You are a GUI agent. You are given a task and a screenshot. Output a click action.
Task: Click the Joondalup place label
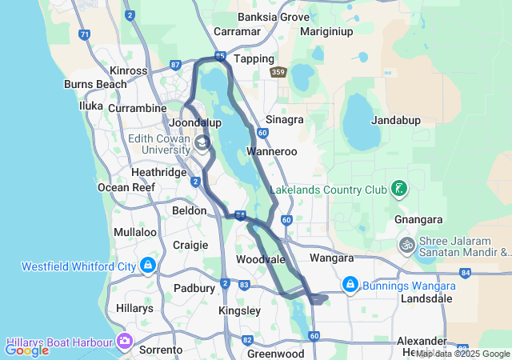tap(196, 123)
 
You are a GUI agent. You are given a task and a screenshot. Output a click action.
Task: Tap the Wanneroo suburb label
tap(272, 151)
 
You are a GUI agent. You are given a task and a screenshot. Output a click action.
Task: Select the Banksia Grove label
tap(274, 17)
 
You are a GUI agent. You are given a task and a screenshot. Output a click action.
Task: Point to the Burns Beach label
tap(95, 84)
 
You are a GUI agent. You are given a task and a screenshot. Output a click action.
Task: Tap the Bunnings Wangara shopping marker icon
tap(350, 284)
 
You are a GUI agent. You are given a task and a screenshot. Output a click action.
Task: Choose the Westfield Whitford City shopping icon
tap(148, 265)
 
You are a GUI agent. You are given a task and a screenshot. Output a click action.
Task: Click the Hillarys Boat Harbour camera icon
tap(124, 341)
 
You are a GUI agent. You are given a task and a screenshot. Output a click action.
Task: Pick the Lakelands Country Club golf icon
tap(398, 190)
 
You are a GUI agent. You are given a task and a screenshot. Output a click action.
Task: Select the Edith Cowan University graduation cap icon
tap(202, 142)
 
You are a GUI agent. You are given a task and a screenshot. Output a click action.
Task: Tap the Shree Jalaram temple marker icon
tap(407, 244)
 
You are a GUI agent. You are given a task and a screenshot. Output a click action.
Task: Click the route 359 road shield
tap(278, 73)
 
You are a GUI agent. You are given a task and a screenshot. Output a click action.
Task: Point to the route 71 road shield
tap(84, 34)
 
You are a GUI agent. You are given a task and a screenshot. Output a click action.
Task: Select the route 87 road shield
tap(176, 63)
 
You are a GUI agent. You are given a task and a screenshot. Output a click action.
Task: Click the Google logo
tap(26, 350)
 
